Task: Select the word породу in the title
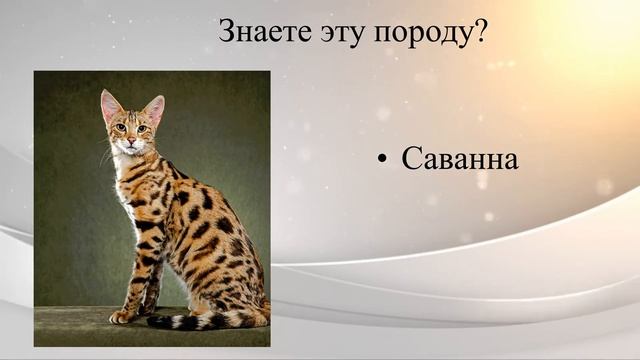click(x=420, y=34)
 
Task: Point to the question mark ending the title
click(x=480, y=31)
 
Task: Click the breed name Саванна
click(x=460, y=159)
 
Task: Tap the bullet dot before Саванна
click(x=383, y=160)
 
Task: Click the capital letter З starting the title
click(x=226, y=32)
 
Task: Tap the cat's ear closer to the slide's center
click(x=154, y=108)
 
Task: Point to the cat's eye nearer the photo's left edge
click(x=120, y=127)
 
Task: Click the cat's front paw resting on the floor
click(x=122, y=316)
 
